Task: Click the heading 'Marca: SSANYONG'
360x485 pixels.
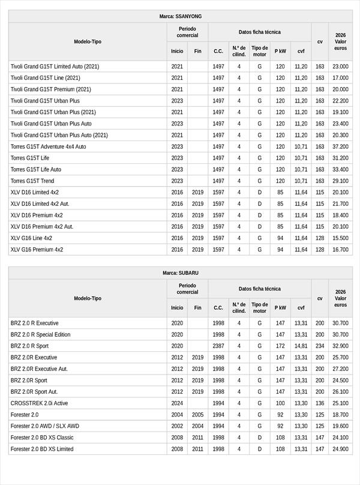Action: click(180, 16)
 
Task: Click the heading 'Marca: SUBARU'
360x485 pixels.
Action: click(180, 273)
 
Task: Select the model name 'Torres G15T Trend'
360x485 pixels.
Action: click(32, 181)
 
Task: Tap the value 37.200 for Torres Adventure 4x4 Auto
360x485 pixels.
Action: click(340, 146)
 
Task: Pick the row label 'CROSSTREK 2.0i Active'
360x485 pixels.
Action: click(40, 403)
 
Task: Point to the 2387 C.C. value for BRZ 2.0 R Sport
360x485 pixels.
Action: click(218, 346)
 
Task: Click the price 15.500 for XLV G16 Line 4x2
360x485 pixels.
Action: click(340, 238)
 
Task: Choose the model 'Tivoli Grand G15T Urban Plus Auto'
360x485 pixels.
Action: click(51, 124)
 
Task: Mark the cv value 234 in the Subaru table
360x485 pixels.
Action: click(320, 346)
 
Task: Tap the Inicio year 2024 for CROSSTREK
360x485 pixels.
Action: click(177, 403)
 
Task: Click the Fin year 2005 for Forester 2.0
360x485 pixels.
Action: click(198, 415)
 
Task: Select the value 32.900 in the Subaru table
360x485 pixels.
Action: click(340, 346)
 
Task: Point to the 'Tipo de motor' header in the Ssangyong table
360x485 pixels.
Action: click(260, 51)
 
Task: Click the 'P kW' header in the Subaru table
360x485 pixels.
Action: click(280, 309)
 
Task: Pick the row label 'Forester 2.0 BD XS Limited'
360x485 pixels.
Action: click(42, 449)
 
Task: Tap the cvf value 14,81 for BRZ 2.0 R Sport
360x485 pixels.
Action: click(301, 346)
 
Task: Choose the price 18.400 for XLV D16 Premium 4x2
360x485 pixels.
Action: click(340, 215)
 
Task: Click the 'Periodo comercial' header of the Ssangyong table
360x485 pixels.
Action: click(187, 32)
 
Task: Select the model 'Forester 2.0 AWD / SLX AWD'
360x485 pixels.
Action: click(44, 426)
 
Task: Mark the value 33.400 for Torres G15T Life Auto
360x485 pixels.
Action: click(340, 169)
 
